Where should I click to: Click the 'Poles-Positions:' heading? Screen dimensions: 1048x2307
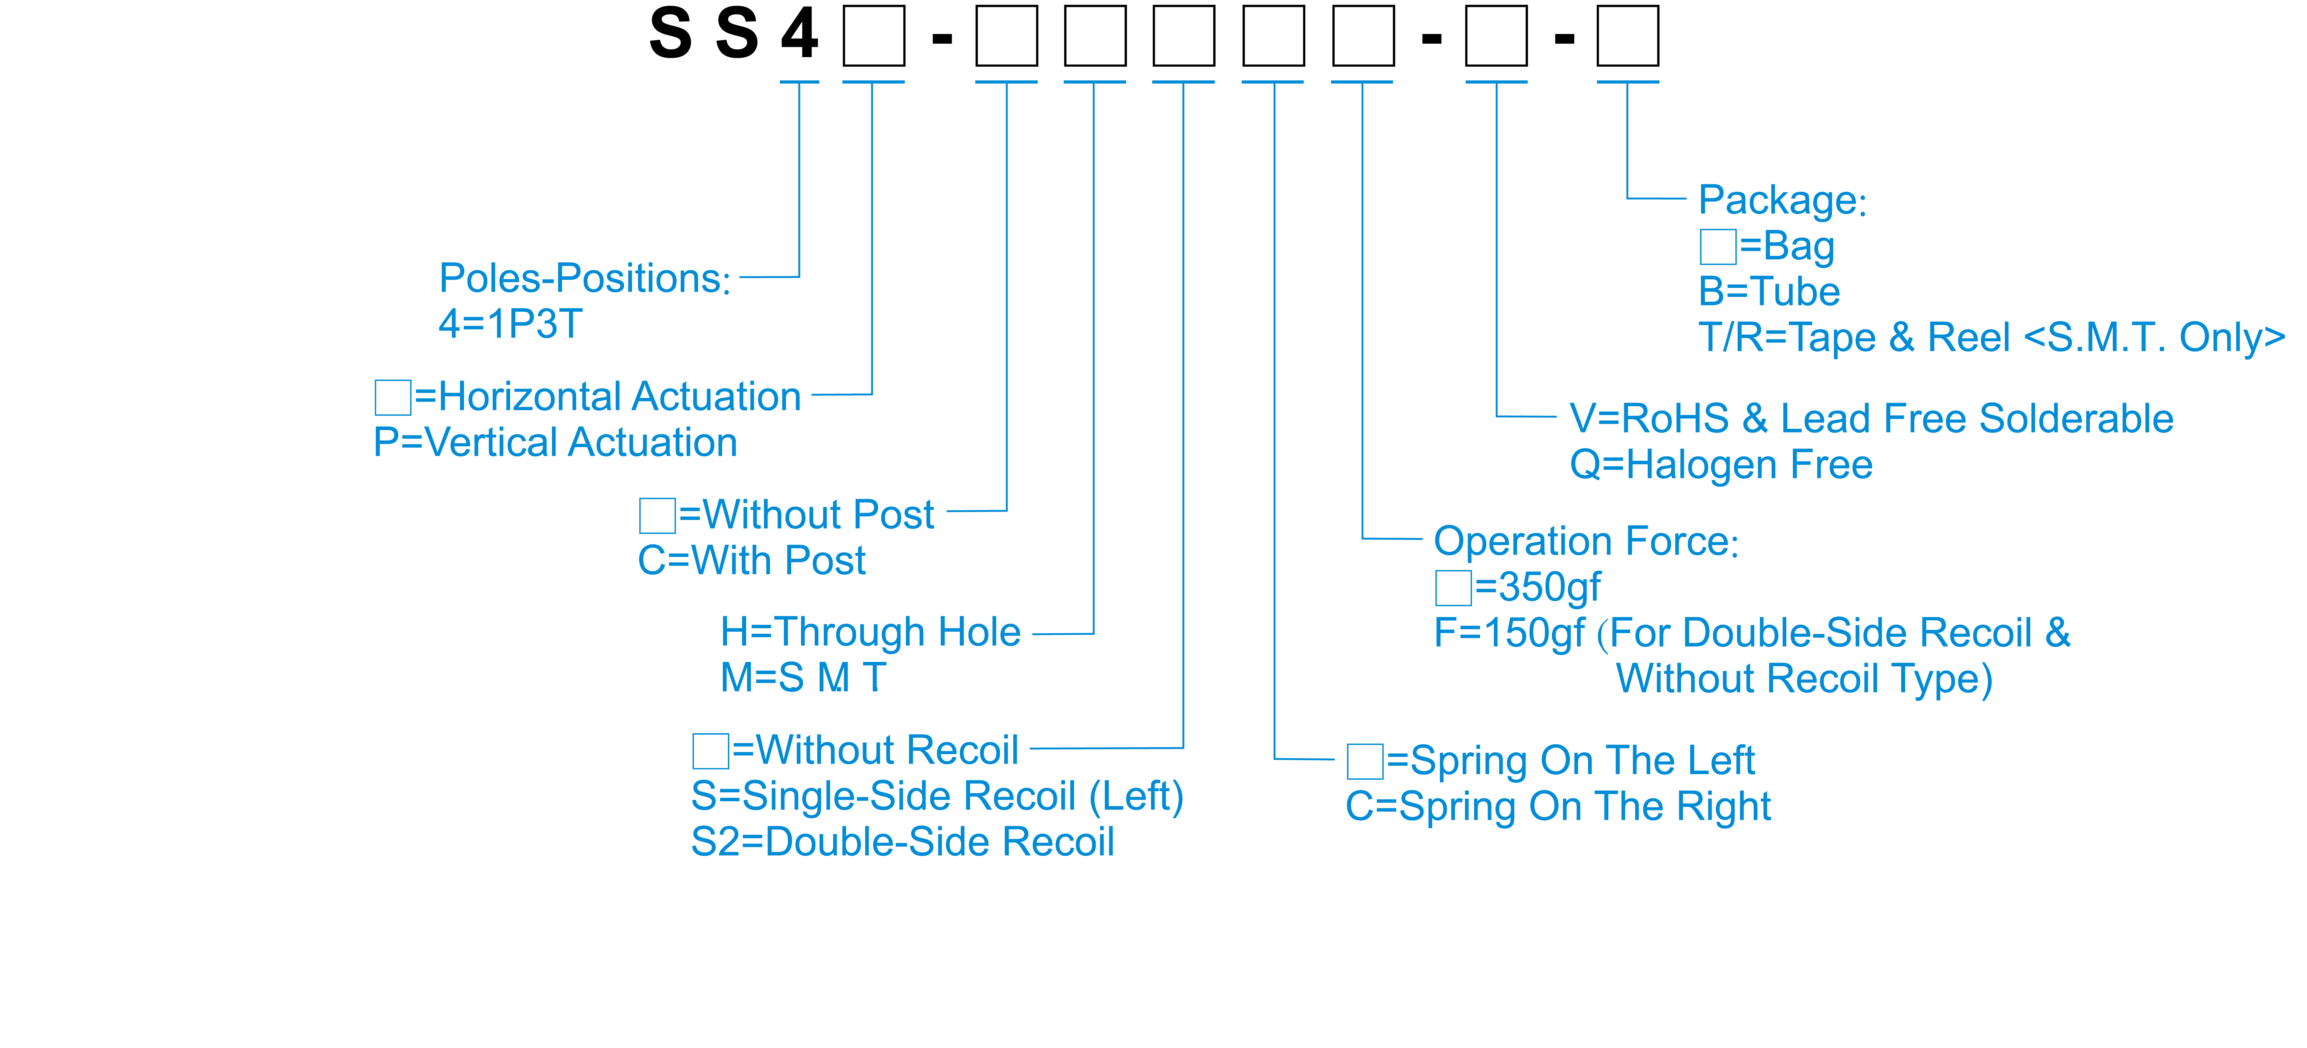(x=584, y=279)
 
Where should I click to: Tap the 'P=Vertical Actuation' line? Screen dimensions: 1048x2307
(x=555, y=443)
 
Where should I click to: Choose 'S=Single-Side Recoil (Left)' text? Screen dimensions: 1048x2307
(x=937, y=796)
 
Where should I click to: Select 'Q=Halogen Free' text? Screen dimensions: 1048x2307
(x=1720, y=465)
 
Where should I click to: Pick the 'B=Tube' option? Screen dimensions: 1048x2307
(x=1769, y=292)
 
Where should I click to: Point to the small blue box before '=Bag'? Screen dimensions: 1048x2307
(x=1718, y=246)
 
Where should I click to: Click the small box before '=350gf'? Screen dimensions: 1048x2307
(x=1453, y=587)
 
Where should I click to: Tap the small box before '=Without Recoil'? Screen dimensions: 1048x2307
(x=710, y=751)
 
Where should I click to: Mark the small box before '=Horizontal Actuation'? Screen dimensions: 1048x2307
(x=392, y=397)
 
